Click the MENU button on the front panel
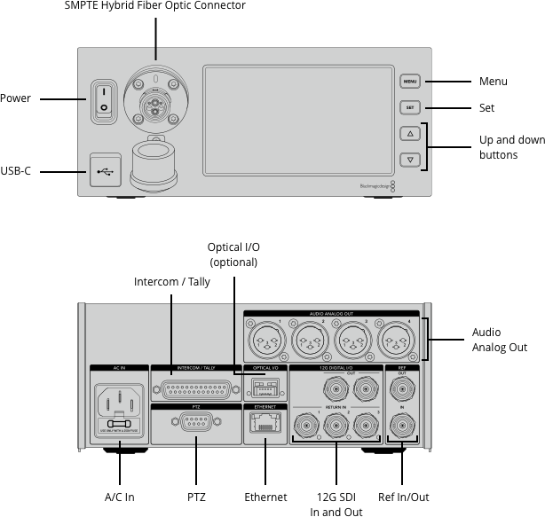click(409, 82)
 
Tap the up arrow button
click(409, 134)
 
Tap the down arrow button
click(409, 161)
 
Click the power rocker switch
click(103, 99)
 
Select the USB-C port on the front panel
click(103, 170)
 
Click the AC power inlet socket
click(118, 403)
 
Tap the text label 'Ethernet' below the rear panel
click(265, 497)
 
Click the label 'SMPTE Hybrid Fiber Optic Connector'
click(155, 6)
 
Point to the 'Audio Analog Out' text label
click(500, 341)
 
